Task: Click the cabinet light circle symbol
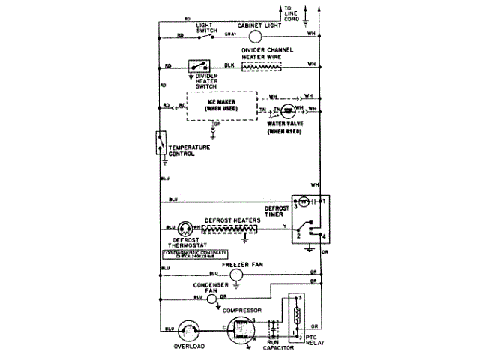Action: click(254, 36)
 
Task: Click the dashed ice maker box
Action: click(221, 106)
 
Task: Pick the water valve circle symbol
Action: click(287, 111)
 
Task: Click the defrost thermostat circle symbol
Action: click(185, 227)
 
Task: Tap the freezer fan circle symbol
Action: click(236, 275)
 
